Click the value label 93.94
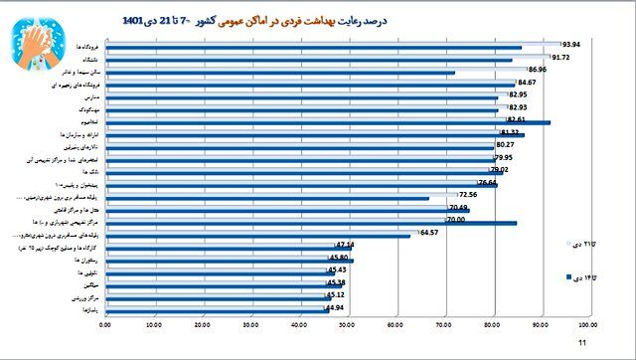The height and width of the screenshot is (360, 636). pos(570,45)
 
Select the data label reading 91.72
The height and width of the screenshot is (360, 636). pos(560,58)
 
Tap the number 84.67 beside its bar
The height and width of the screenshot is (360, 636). pos(527,83)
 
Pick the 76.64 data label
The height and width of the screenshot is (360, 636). pos(488,183)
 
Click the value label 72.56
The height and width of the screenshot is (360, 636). pos(468,195)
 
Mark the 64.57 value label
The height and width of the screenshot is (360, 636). pos(429,233)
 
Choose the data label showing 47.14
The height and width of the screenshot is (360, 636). pos(345,245)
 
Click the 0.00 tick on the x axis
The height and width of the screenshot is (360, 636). pos(107,323)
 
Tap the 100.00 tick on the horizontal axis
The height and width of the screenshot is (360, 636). pos(586,323)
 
